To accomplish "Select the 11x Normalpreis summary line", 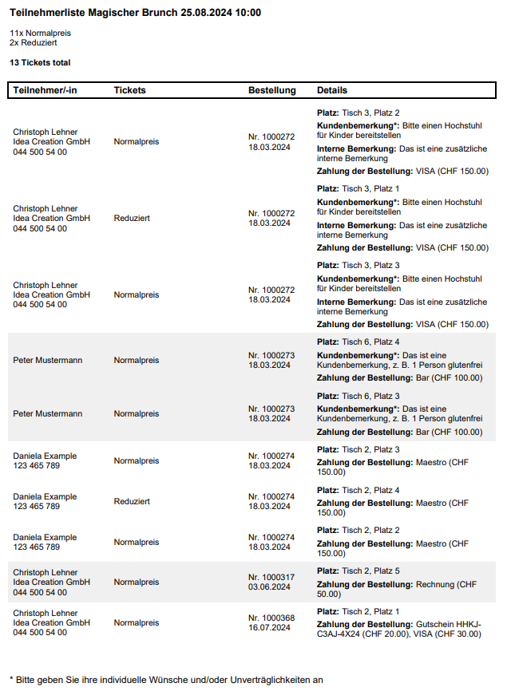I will [39, 33].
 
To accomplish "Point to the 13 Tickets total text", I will [40, 61].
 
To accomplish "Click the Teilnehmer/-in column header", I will [45, 90].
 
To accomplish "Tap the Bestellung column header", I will [271, 90].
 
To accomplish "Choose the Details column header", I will [332, 90].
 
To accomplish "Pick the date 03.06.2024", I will [269, 586].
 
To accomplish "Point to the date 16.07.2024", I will [269, 627].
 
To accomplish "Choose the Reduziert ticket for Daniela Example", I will [132, 501].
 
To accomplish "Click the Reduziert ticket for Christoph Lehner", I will [132, 218].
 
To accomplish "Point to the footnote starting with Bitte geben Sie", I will [166, 680].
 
